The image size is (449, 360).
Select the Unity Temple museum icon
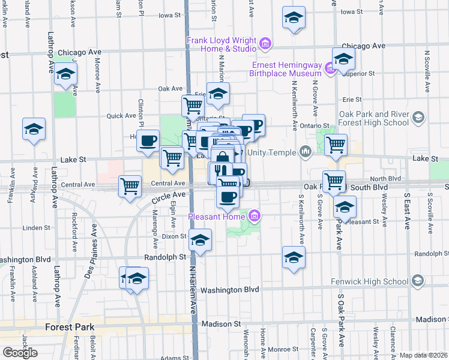(x=306, y=151)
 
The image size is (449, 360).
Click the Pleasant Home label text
(x=217, y=216)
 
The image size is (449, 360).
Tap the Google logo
(x=20, y=352)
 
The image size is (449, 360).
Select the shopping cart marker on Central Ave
(x=130, y=185)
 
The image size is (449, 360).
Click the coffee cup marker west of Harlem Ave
(x=148, y=140)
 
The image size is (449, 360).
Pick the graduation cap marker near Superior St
(x=343, y=58)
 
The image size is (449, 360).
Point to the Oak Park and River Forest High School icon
(x=418, y=116)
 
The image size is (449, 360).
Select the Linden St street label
(x=36, y=228)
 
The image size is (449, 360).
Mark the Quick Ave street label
(x=121, y=116)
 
